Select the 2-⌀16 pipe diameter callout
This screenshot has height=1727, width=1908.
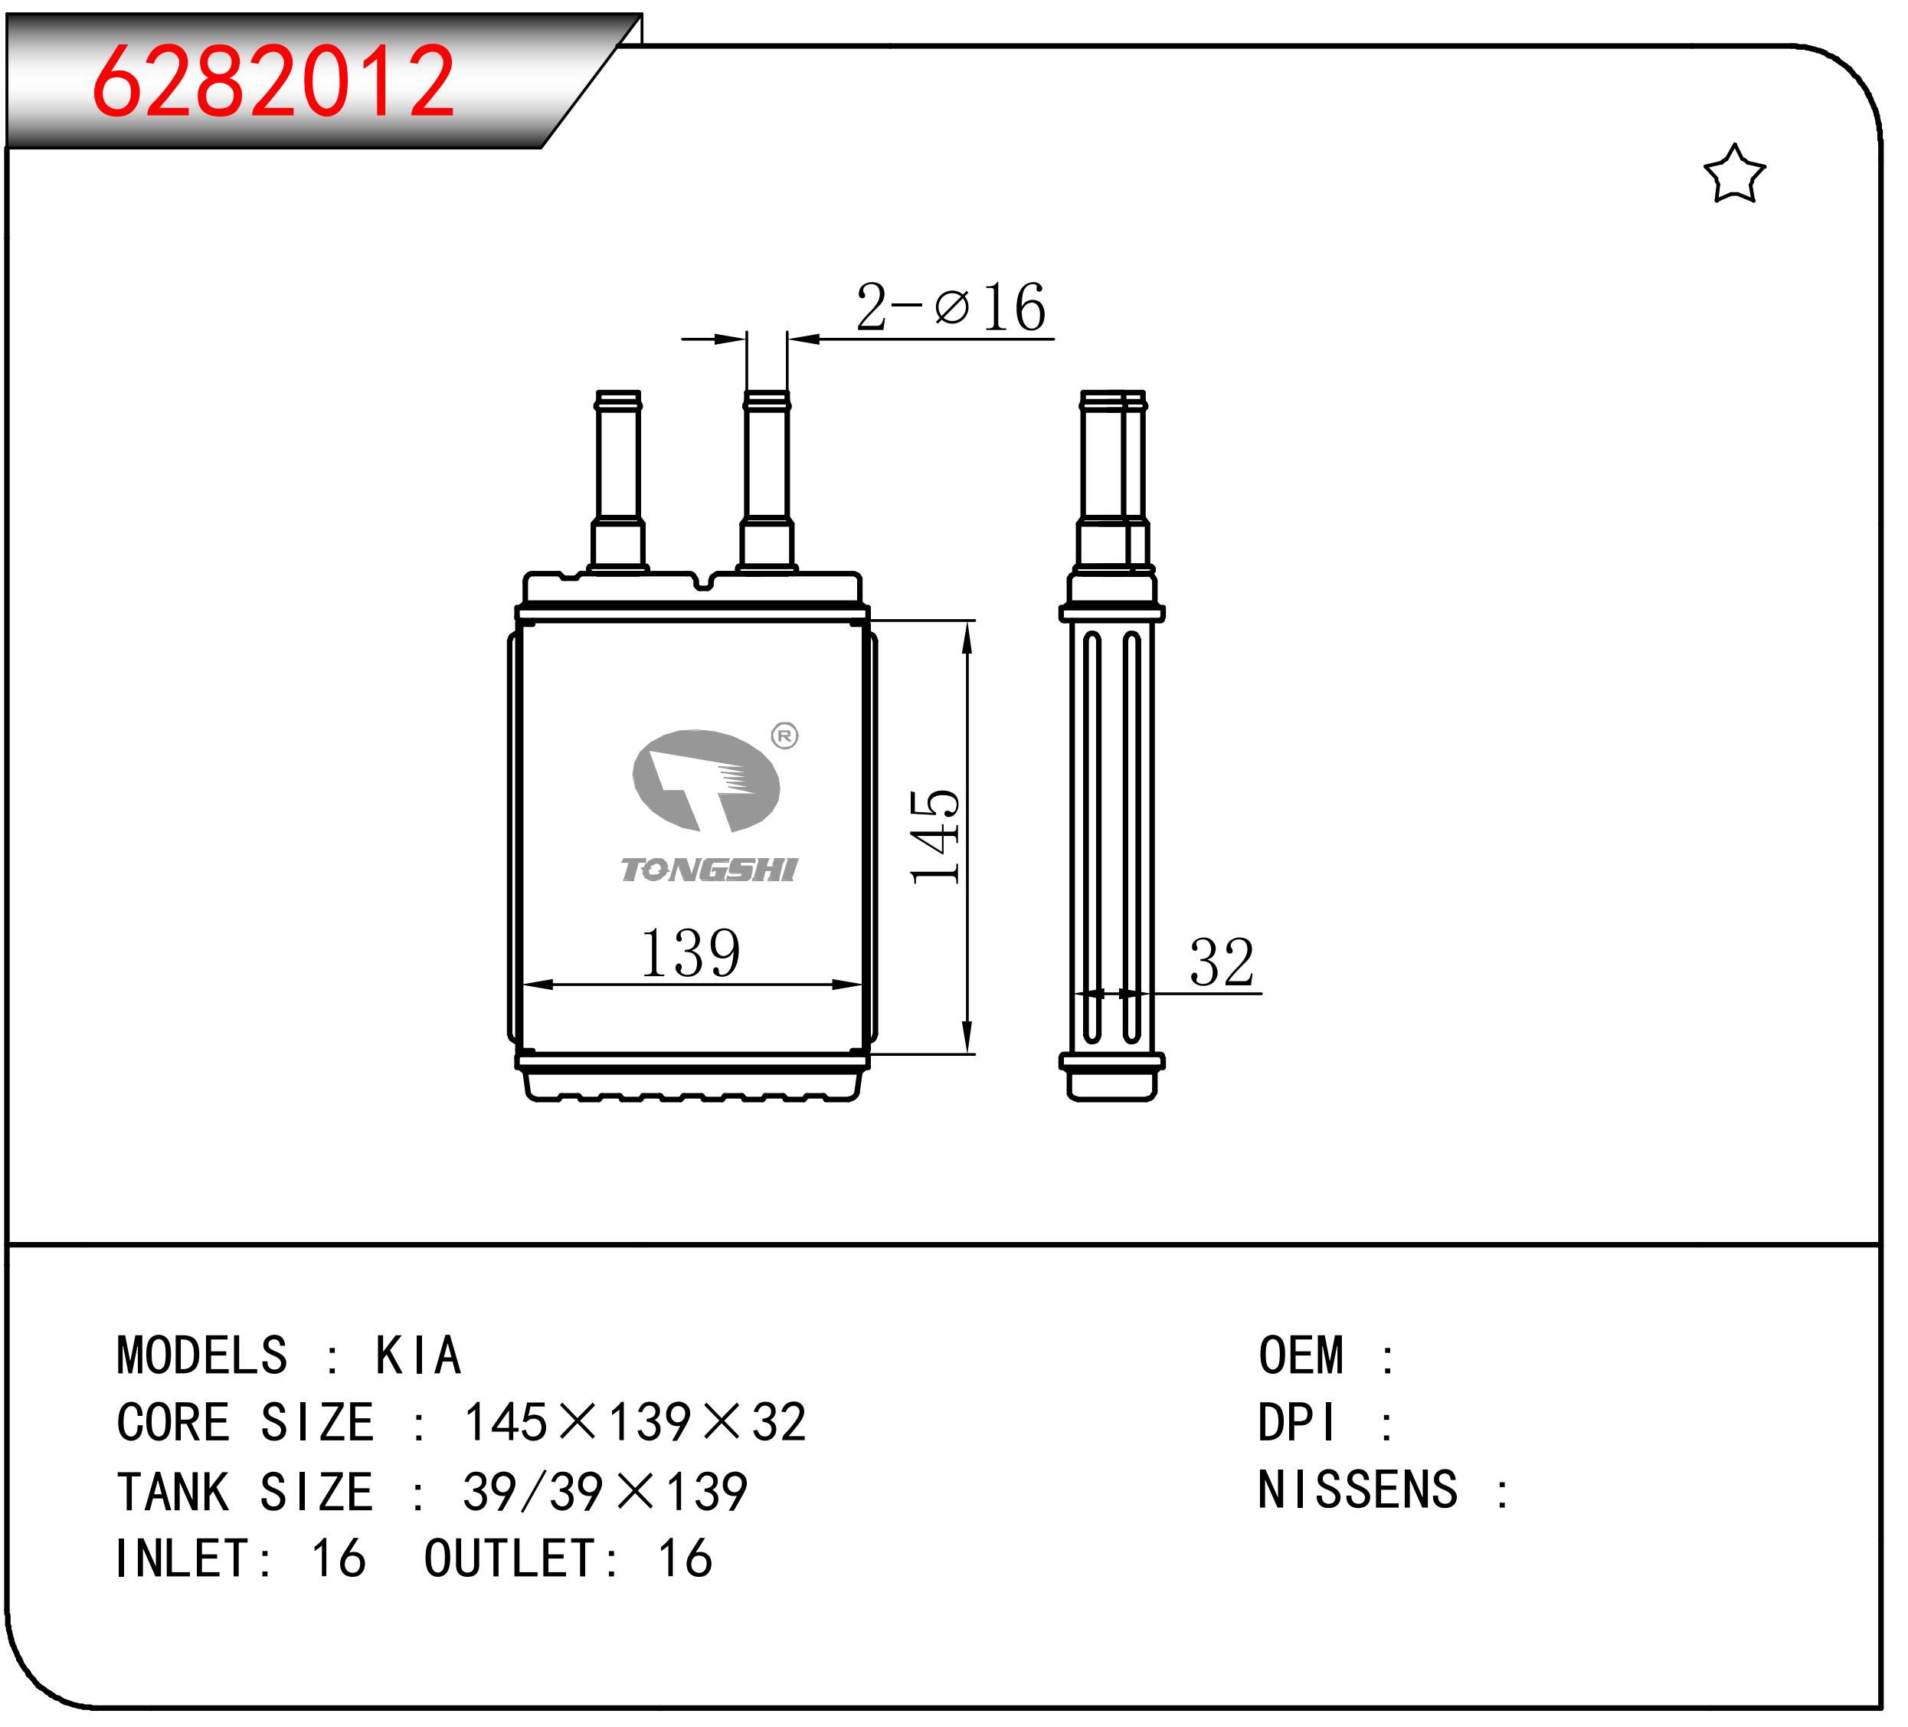(x=951, y=306)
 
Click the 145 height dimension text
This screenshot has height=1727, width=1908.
(x=935, y=837)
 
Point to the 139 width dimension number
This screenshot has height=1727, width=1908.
(x=691, y=952)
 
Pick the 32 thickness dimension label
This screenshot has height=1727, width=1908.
(x=1222, y=962)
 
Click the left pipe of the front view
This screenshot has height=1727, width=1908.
(x=618, y=482)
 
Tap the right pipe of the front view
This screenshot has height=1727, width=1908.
(x=767, y=482)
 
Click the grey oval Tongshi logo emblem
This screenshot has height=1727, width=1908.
(x=706, y=781)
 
